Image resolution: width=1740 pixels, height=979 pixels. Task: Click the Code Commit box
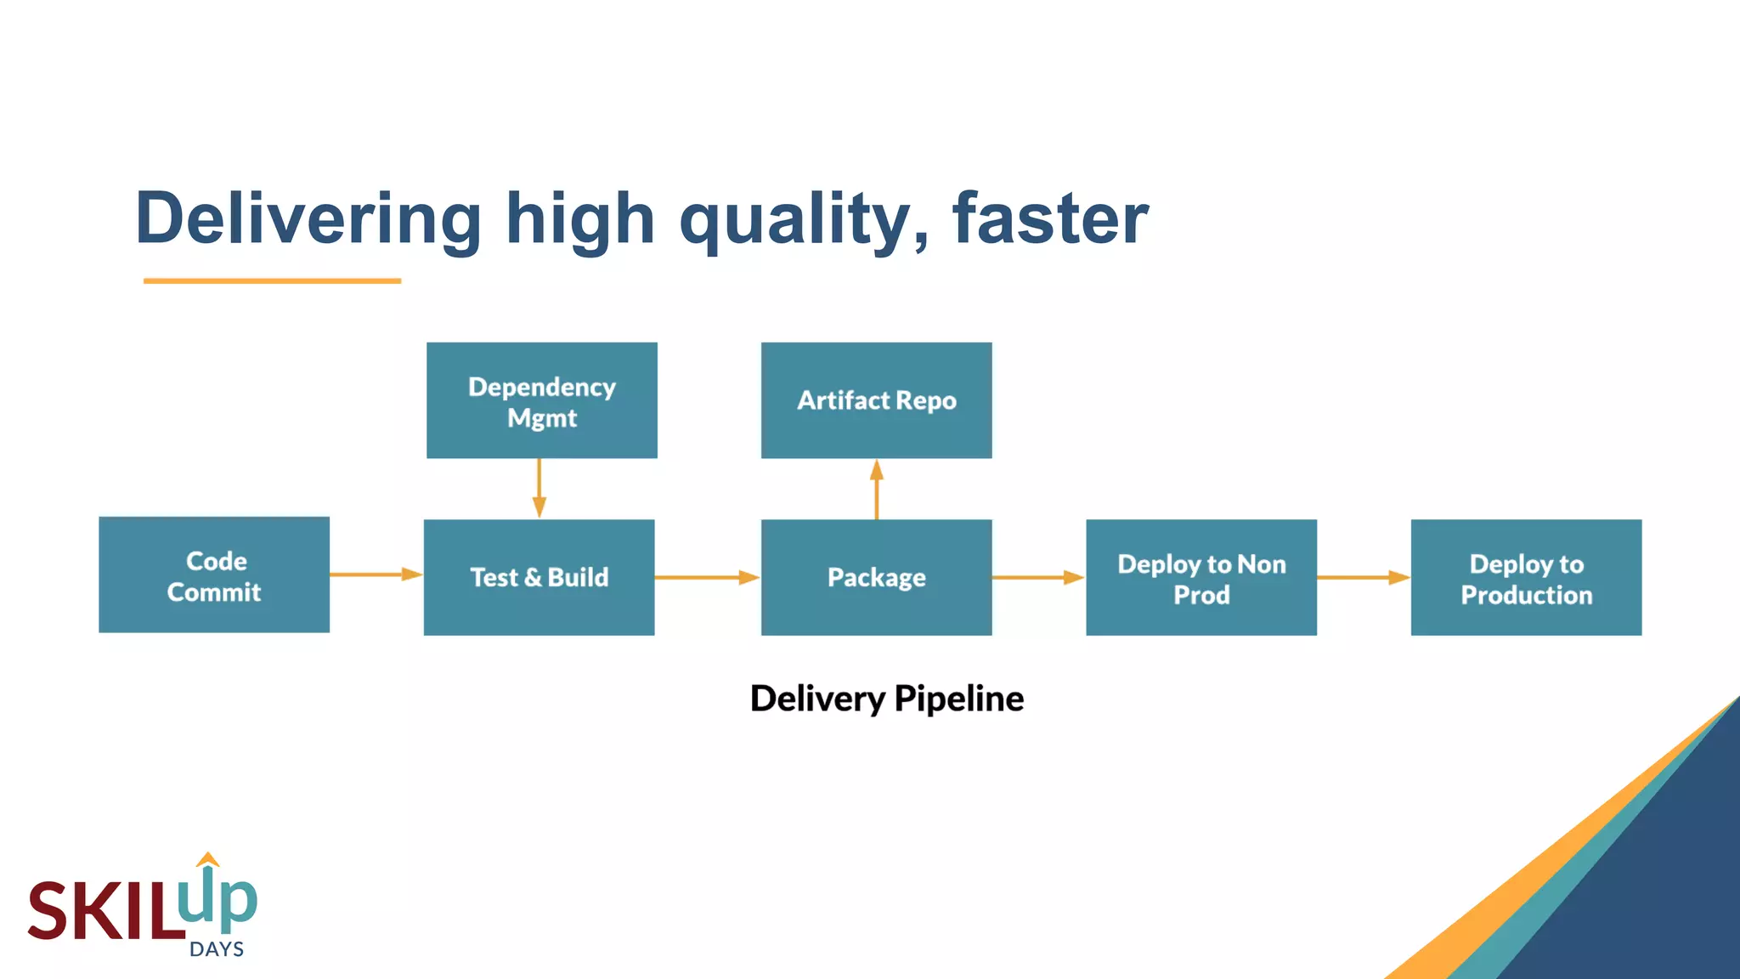point(214,575)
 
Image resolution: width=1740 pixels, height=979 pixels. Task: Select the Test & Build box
point(539,577)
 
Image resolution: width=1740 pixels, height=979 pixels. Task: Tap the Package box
point(876,577)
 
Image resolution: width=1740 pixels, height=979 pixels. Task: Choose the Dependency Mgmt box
point(541,400)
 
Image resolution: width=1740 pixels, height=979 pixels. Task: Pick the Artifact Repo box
point(876,400)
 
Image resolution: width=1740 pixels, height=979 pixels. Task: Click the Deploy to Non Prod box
point(1200,577)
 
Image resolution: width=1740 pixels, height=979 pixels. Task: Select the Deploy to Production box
point(1526,577)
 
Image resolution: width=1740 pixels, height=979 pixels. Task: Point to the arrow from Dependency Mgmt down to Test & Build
point(539,488)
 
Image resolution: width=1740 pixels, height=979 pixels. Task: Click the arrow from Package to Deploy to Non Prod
point(1037,577)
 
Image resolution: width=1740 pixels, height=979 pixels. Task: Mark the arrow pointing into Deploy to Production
point(1363,577)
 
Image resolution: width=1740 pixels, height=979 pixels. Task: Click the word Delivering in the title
point(308,218)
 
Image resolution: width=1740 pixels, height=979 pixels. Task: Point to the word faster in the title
point(1050,218)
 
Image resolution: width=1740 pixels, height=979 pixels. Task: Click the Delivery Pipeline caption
point(886,699)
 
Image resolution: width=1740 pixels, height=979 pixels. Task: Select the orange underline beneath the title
point(272,280)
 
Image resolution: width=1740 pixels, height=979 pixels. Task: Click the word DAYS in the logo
point(217,949)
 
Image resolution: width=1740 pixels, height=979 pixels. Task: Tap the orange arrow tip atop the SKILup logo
point(207,859)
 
